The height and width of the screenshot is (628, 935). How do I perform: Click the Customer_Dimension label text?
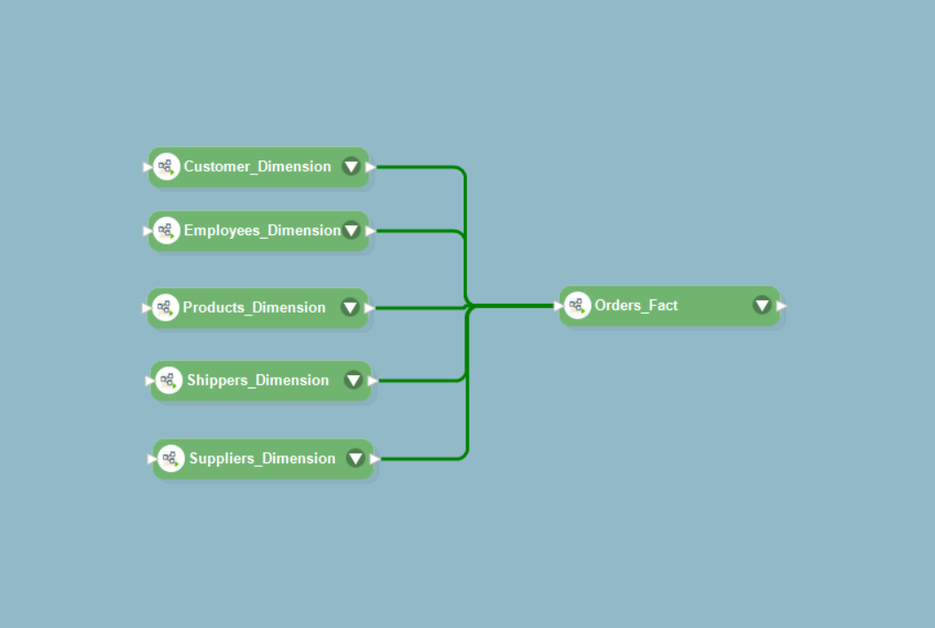(x=257, y=166)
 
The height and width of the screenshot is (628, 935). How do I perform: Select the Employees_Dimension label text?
(x=262, y=231)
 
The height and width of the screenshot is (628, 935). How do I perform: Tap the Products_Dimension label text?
(x=254, y=307)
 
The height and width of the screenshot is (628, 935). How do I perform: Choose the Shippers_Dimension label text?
(x=257, y=380)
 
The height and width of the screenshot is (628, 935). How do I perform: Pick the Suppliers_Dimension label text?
(x=262, y=458)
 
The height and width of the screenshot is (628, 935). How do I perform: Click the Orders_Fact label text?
(x=636, y=306)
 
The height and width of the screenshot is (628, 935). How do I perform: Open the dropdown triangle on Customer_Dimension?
(x=351, y=166)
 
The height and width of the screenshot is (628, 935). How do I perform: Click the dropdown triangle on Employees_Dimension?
(x=351, y=231)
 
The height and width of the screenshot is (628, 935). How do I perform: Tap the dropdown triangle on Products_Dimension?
(x=350, y=307)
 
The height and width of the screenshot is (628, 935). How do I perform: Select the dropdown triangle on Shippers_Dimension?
(x=353, y=380)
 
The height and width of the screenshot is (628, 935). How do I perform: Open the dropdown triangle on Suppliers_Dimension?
(x=355, y=458)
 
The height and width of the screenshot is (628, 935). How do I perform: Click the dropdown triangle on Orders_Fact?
(x=762, y=306)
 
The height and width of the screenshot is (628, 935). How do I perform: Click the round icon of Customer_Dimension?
(x=166, y=166)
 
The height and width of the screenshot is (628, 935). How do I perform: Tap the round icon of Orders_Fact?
(x=577, y=306)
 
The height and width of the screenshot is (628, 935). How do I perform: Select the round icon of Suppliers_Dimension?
(x=171, y=458)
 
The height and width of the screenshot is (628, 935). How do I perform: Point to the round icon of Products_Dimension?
(x=165, y=307)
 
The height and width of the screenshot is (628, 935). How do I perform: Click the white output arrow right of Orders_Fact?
(x=782, y=307)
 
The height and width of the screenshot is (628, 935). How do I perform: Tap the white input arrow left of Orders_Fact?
(x=558, y=307)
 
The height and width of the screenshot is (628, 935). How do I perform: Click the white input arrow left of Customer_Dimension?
(x=147, y=166)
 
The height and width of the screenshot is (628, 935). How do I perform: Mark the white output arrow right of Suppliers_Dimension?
(x=375, y=459)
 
